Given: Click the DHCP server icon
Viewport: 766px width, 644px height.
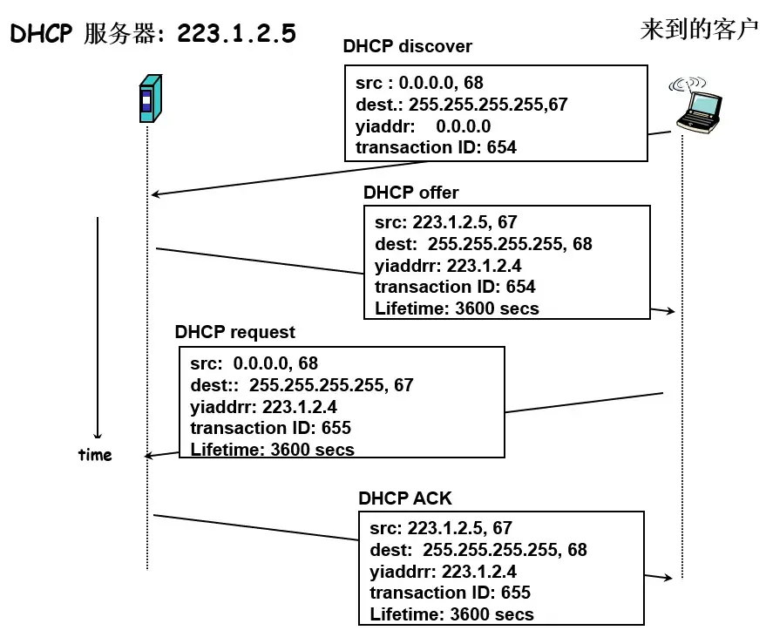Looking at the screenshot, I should pos(150,98).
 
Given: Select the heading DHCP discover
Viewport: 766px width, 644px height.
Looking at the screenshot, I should pos(407,47).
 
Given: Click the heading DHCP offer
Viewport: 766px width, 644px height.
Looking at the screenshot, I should pos(410,193).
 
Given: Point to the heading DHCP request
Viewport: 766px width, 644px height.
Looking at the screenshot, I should pos(234,332).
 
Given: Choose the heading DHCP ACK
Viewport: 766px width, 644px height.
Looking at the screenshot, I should pos(405,498).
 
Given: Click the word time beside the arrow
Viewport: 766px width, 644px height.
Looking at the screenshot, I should pos(95,455).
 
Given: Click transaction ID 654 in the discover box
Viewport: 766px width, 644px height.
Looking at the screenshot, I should pos(436,147).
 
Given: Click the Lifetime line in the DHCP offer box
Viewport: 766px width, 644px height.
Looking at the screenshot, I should pos(457,308).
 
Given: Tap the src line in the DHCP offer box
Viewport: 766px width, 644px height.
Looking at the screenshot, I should pos(445,223).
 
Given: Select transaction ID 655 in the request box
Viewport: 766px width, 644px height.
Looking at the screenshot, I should pos(270,428).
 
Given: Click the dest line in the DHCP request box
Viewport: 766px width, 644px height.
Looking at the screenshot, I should pos(302,385).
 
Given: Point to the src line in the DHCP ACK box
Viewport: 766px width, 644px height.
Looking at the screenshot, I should pos(440,528).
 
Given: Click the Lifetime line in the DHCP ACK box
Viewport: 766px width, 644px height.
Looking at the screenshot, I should pos(451,613).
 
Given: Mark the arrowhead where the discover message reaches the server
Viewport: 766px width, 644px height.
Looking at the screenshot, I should pos(155,194).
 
